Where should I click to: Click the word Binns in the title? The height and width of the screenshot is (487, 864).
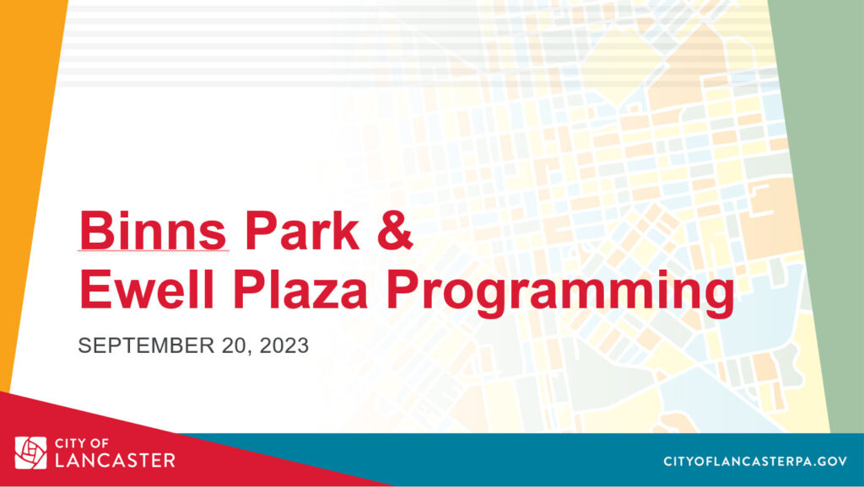click(x=153, y=230)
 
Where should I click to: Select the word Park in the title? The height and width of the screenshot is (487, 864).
click(x=303, y=230)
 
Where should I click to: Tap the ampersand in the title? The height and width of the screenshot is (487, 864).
click(x=395, y=230)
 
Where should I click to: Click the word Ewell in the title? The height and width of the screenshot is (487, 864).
click(x=147, y=290)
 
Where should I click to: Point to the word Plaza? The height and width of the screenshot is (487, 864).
click(x=300, y=290)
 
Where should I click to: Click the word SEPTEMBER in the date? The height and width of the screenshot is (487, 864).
click(x=146, y=345)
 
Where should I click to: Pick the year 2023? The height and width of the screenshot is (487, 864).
click(x=283, y=345)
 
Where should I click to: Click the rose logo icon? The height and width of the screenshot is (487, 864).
click(x=31, y=453)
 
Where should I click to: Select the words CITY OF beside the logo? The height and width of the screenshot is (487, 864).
click(x=82, y=443)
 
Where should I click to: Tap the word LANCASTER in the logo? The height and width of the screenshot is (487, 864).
click(x=115, y=461)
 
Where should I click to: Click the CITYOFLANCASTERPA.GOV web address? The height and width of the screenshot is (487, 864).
click(x=755, y=461)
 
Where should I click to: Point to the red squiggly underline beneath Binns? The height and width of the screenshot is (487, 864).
click(x=154, y=251)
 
